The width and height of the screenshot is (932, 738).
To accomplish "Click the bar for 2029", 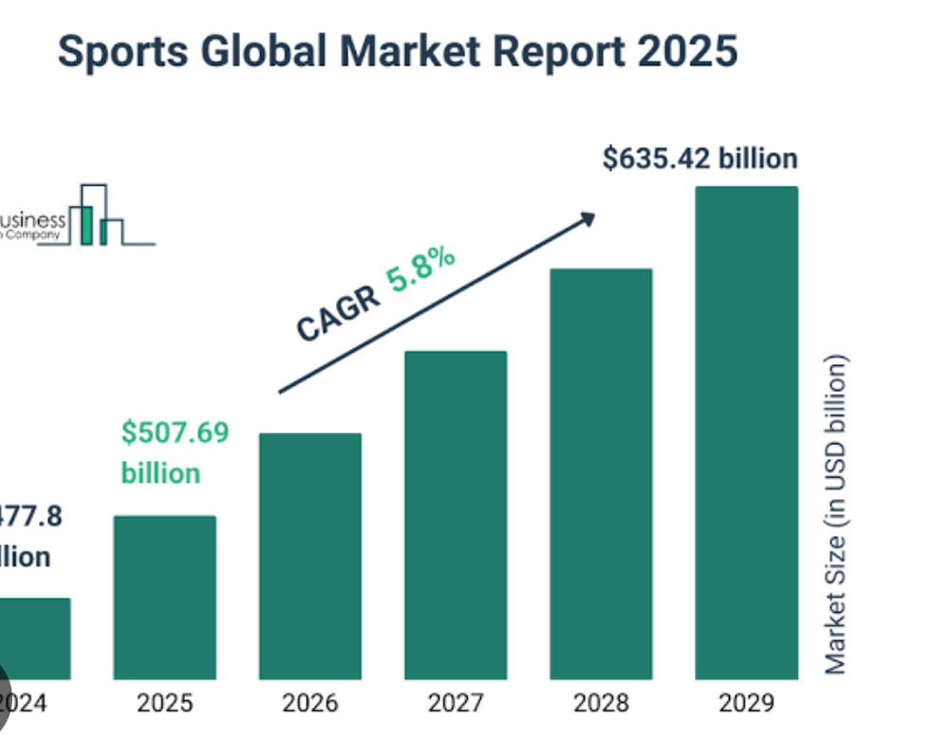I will pyautogui.click(x=746, y=433).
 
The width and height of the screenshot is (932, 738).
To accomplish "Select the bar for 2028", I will pyautogui.click(x=601, y=474).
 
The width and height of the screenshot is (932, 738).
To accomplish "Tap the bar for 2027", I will pyautogui.click(x=456, y=515).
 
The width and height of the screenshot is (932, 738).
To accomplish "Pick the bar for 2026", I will pyautogui.click(x=310, y=556).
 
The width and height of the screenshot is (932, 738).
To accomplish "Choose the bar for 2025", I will pyautogui.click(x=165, y=598).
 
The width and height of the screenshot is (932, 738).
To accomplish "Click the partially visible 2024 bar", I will pyautogui.click(x=34, y=638).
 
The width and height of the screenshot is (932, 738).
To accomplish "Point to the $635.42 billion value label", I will pyautogui.click(x=699, y=158).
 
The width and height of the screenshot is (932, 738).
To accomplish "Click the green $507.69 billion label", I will pyautogui.click(x=175, y=452).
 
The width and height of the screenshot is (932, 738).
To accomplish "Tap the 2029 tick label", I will pyautogui.click(x=746, y=703).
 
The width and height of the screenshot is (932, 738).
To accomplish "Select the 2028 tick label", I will pyautogui.click(x=601, y=703).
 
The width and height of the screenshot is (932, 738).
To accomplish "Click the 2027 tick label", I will pyautogui.click(x=456, y=703).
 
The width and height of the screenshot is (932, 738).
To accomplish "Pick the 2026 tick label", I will pyautogui.click(x=310, y=703).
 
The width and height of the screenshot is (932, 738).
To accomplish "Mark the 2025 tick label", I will pyautogui.click(x=165, y=703).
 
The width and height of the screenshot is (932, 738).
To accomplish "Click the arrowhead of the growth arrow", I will pyautogui.click(x=587, y=219).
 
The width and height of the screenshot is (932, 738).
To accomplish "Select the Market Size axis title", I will pyautogui.click(x=835, y=515).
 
